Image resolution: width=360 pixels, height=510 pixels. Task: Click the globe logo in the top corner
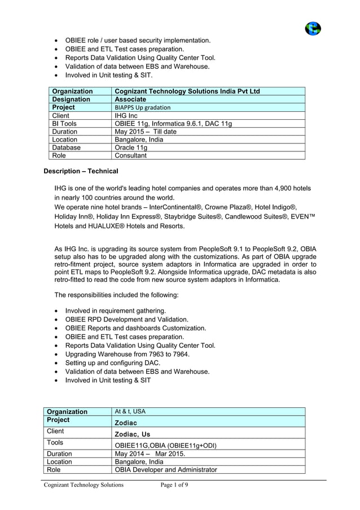(x=313, y=28)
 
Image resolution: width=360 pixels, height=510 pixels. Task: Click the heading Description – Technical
(x=81, y=171)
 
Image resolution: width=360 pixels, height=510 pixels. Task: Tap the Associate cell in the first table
(x=130, y=99)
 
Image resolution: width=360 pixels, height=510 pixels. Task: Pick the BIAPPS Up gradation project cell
(x=142, y=107)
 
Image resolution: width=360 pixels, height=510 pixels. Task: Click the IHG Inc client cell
(x=126, y=115)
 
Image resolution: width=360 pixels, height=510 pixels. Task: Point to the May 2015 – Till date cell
(x=146, y=132)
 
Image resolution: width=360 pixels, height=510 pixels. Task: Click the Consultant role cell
(x=130, y=155)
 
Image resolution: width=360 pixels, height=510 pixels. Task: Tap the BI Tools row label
(x=64, y=123)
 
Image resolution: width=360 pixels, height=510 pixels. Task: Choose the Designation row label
(x=71, y=99)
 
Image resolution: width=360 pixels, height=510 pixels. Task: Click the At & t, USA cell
(x=130, y=411)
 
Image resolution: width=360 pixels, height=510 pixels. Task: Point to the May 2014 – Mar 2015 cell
(x=150, y=454)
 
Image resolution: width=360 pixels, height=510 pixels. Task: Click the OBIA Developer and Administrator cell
(x=165, y=469)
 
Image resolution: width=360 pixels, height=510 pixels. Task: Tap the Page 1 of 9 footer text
(x=174, y=485)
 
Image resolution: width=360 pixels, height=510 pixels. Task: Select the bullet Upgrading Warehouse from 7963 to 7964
(x=128, y=354)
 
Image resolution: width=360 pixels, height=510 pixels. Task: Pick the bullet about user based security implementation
(x=138, y=41)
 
